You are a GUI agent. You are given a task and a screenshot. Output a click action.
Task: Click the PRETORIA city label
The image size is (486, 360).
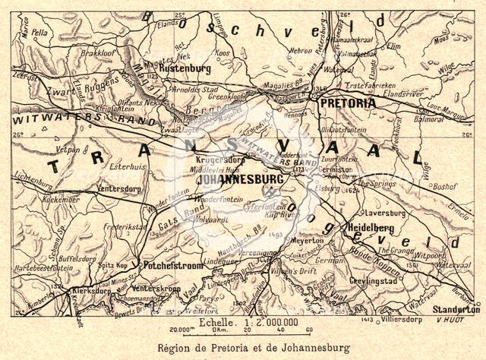tap(347, 103)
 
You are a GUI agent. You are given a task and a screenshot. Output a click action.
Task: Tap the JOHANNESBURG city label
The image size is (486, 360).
tap(238, 180)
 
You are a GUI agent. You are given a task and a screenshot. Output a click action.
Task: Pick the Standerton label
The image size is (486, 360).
tap(456, 310)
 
